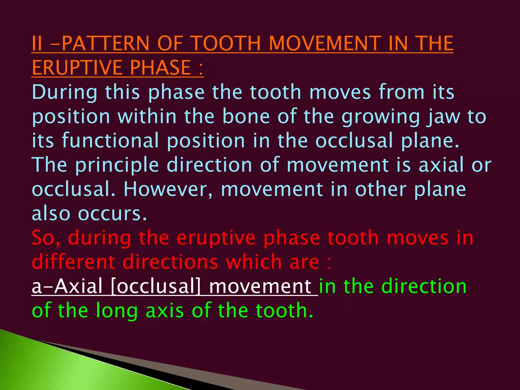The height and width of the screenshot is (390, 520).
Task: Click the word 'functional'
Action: click(110, 141)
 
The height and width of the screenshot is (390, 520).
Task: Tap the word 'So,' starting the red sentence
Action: click(46, 238)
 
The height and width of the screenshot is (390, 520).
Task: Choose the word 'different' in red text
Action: click(73, 262)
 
